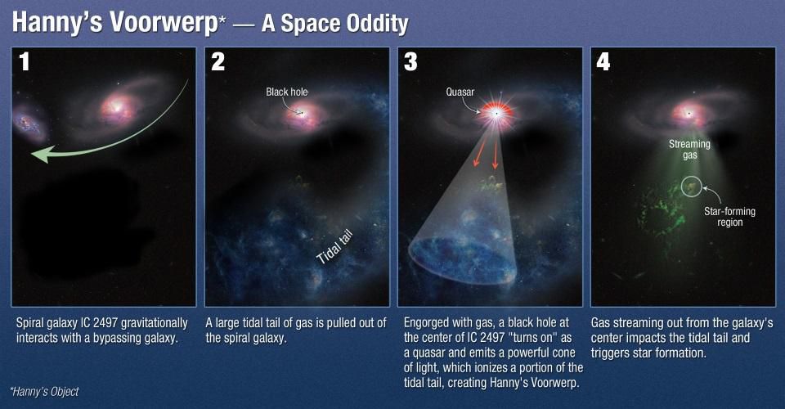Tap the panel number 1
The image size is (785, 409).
(x=24, y=62)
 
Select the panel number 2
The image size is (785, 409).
(x=218, y=62)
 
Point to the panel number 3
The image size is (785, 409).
(x=410, y=62)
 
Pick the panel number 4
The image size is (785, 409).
(x=603, y=62)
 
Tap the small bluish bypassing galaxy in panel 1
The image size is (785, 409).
(x=29, y=123)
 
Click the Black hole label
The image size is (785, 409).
(x=286, y=92)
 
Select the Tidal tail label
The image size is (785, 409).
(x=335, y=247)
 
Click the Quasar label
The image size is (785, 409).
(x=460, y=92)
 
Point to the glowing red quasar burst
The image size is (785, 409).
(x=496, y=114)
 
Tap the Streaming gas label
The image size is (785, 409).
(x=689, y=150)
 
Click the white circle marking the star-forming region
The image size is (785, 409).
(x=682, y=187)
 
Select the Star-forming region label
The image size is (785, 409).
(x=729, y=217)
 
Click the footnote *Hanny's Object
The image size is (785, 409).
(x=44, y=392)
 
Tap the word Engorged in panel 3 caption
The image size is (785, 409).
(x=427, y=323)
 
